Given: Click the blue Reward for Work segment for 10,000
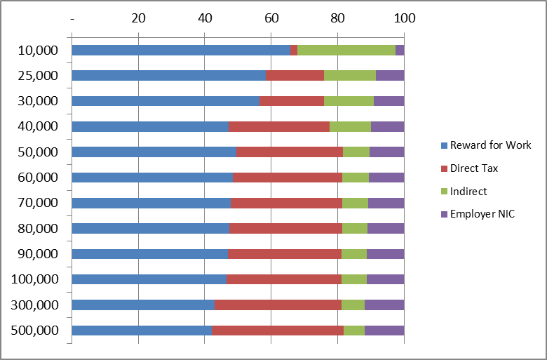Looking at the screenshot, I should (x=181, y=51).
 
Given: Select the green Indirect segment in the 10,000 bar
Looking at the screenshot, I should (x=346, y=51).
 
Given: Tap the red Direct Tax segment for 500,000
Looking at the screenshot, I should (x=278, y=331).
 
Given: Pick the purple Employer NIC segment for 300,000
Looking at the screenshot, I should (x=384, y=305).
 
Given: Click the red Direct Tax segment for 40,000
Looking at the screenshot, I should (x=279, y=127).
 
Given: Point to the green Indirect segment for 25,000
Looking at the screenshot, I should (x=350, y=76).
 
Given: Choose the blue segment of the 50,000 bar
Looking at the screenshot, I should (x=154, y=152).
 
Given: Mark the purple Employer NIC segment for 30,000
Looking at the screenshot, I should (x=389, y=101).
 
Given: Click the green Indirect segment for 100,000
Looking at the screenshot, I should (x=354, y=279).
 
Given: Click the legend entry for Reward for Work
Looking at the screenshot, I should (x=490, y=145).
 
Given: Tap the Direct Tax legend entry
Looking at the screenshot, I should (x=474, y=168).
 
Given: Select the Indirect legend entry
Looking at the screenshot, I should (x=468, y=191).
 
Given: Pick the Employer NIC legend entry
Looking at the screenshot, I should (x=482, y=214).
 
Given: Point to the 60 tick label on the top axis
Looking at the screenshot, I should (x=271, y=18).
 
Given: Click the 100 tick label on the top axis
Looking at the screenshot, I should (x=404, y=18).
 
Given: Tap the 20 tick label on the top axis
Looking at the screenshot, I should (x=139, y=18).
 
